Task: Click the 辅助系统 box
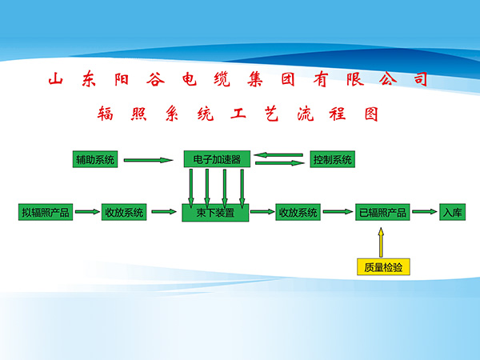(95, 159)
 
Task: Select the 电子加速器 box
(217, 159)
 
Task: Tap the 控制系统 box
(332, 159)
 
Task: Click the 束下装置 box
(216, 214)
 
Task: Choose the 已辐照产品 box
(383, 213)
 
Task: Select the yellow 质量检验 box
(382, 266)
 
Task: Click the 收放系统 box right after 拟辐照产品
(124, 213)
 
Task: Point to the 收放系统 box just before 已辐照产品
(298, 213)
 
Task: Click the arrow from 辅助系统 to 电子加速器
(149, 160)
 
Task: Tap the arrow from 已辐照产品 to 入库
(425, 213)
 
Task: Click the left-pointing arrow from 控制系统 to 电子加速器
(279, 155)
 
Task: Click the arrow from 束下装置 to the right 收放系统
(261, 213)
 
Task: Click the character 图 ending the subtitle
(369, 114)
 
